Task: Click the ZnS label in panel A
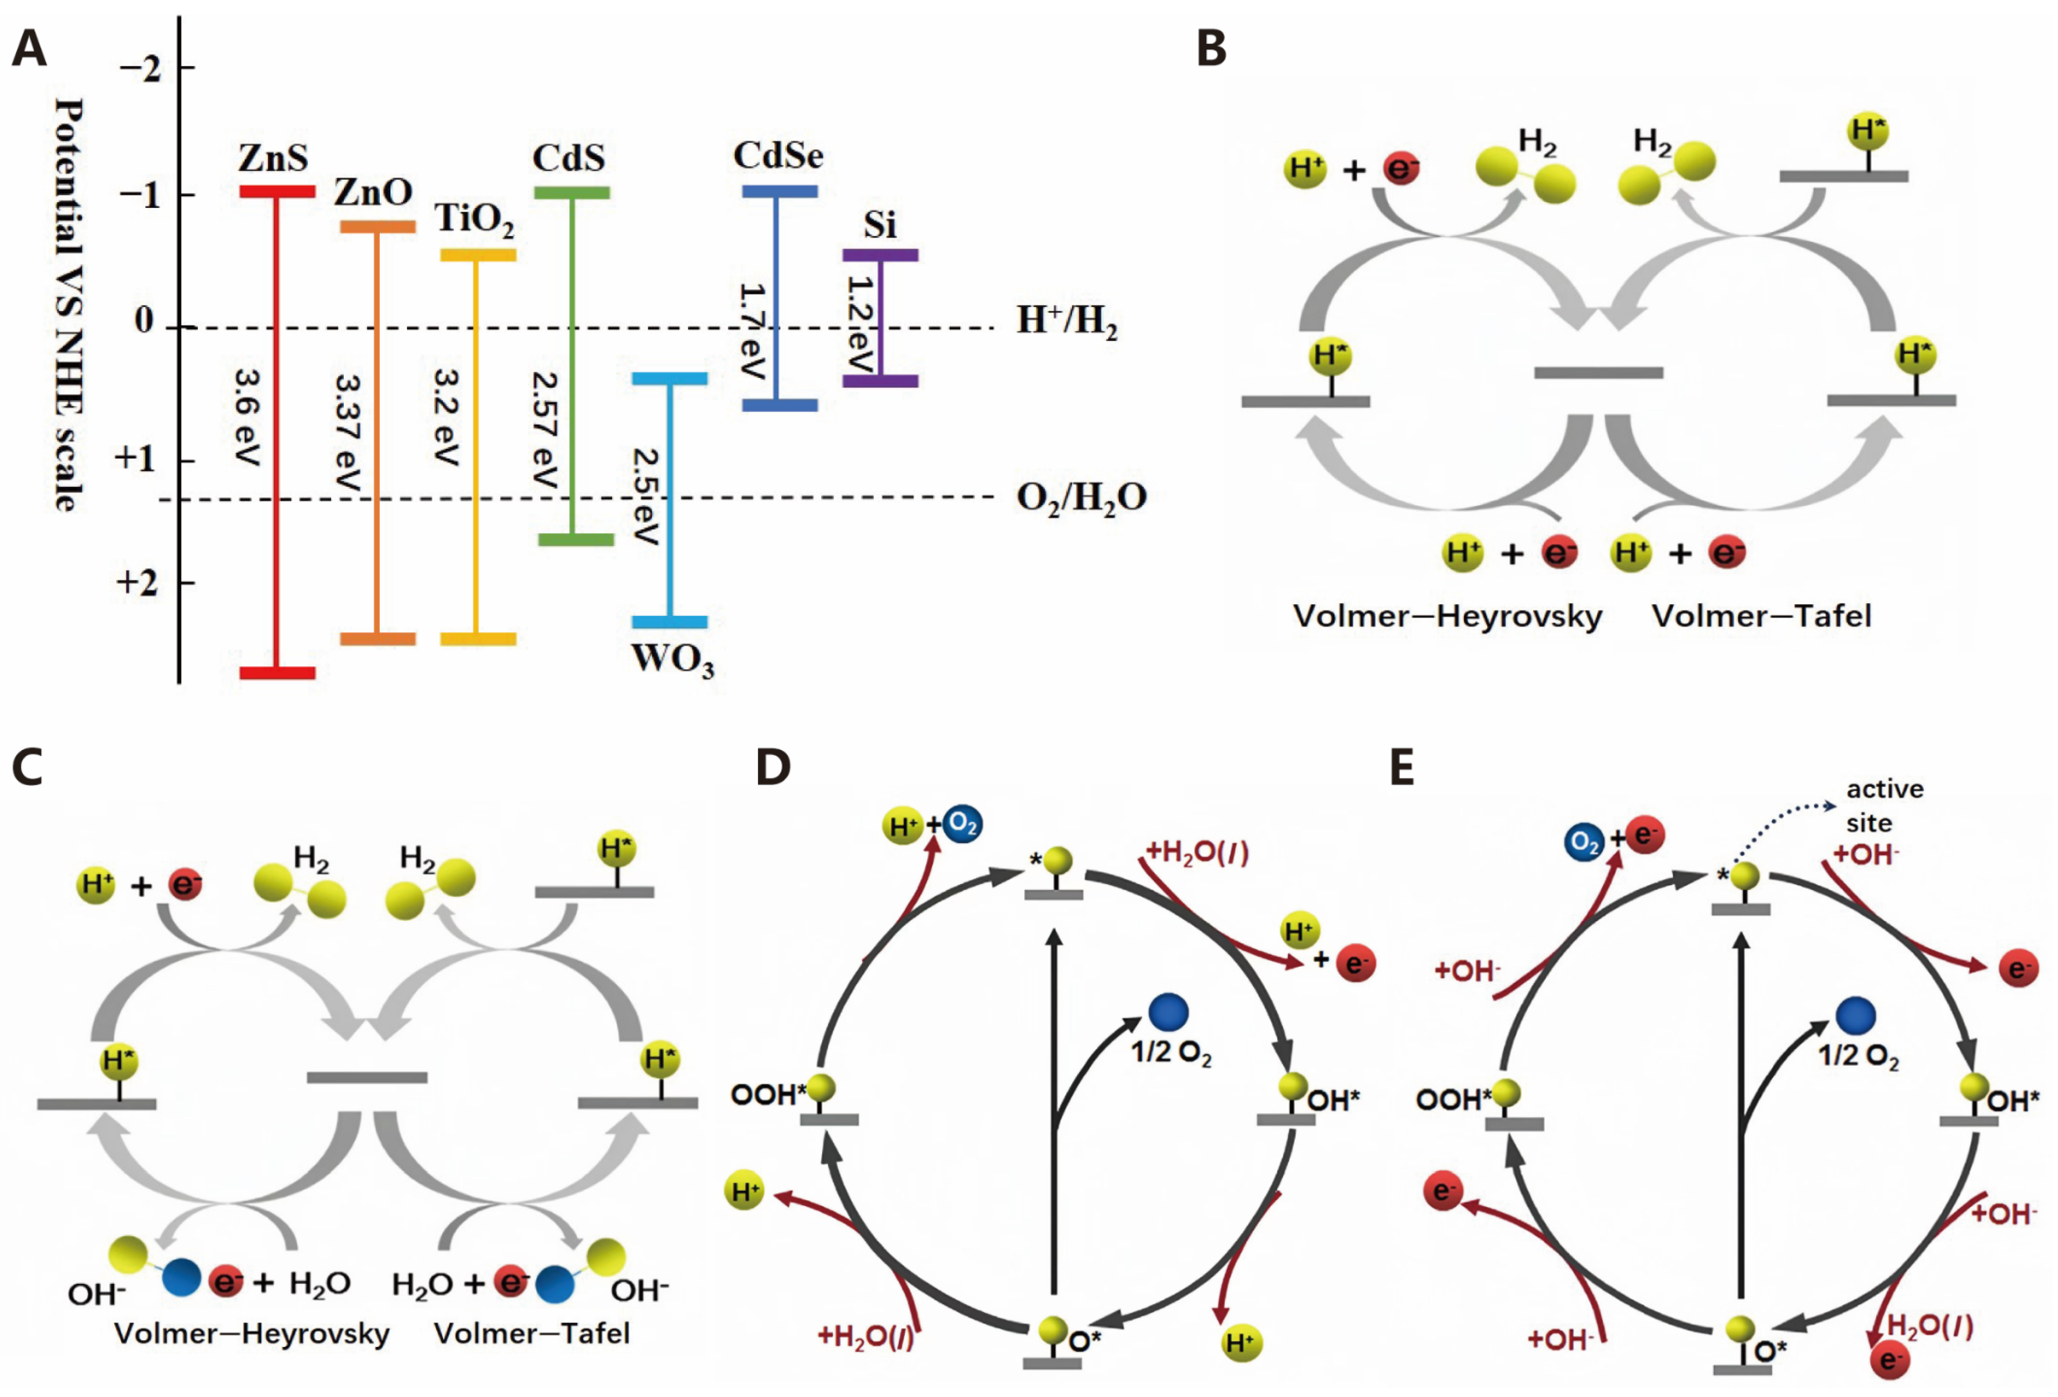273,158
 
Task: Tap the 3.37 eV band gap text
347,434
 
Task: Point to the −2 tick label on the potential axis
141,68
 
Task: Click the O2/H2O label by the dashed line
1080,497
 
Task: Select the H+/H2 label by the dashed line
1066,321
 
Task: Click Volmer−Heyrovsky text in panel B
1447,615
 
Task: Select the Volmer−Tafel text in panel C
532,1333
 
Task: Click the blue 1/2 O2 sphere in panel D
1168,1012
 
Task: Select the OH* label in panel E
2013,1101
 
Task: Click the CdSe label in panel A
778,156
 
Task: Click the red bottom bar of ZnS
277,672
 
